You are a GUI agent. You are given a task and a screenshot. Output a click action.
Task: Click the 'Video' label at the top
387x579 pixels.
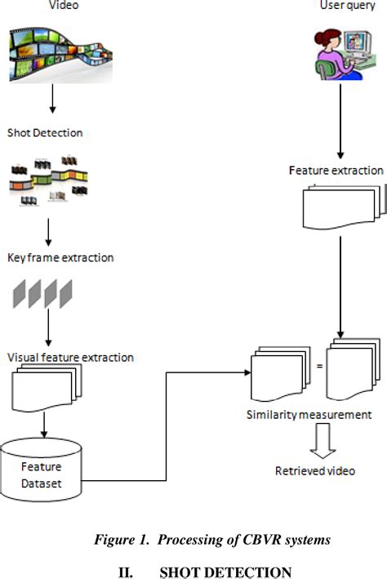tap(51, 7)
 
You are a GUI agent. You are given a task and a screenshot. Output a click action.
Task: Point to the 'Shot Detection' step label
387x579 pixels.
tap(45, 132)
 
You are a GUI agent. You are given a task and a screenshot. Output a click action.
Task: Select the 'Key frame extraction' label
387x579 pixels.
tap(60, 257)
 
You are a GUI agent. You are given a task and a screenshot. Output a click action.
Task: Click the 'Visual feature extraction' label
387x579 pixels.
tap(70, 358)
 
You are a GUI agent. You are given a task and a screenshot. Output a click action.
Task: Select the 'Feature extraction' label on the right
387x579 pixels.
tap(336, 171)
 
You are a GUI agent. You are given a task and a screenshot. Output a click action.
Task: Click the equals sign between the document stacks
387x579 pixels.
tap(319, 365)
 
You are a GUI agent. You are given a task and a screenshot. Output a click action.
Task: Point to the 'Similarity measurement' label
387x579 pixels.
tap(309, 415)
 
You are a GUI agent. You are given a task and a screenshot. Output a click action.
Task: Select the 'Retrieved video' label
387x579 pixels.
tap(314, 471)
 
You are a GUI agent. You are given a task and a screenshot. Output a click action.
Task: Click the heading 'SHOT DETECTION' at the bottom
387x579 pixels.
tap(225, 572)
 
